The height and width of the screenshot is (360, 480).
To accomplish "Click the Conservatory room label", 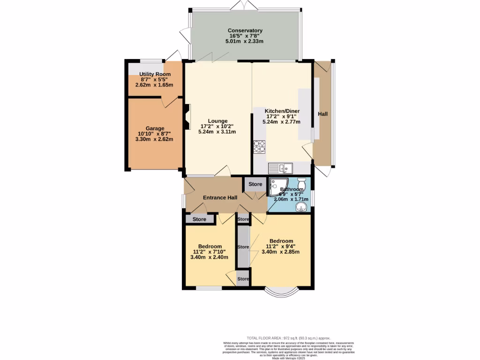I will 245,30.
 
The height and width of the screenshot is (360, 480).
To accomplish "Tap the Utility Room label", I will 155,74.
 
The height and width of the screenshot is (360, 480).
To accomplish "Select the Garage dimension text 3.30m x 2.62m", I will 154,139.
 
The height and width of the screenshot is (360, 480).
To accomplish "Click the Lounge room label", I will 217,120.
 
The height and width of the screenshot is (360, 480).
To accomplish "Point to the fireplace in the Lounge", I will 187,116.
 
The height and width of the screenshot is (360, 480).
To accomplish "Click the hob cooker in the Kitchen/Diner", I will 259,147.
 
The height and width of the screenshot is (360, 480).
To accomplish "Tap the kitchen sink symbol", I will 280,167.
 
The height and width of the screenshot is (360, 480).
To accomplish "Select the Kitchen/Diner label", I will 283,111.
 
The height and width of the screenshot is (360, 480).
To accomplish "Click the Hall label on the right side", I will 323,114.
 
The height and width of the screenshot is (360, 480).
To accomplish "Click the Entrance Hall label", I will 220,198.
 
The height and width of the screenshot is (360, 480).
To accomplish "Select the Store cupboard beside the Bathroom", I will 255,184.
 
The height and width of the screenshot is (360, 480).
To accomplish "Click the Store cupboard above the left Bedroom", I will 200,219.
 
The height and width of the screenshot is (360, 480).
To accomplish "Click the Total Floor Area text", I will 289,337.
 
